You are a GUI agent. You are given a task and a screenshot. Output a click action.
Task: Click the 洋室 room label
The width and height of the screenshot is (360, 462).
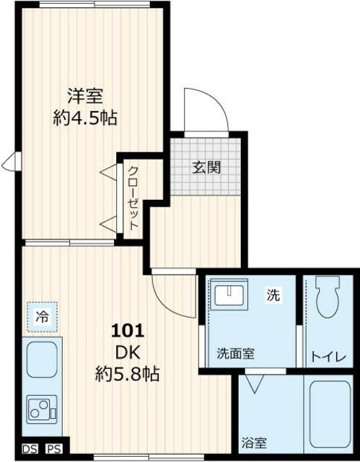[x=85, y=95]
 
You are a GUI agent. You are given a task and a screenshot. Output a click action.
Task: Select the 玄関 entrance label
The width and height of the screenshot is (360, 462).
[x=206, y=167]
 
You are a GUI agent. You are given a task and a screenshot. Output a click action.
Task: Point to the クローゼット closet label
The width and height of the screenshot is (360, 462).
[x=133, y=198]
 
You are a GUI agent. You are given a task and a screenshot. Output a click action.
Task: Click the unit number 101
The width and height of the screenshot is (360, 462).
[x=127, y=332]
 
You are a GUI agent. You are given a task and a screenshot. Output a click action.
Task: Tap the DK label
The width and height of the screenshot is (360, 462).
[x=127, y=353]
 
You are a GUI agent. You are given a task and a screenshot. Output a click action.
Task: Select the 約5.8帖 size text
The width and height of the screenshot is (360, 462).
[x=127, y=375]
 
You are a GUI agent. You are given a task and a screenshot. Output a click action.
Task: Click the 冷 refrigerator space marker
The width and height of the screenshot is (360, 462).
[x=43, y=315]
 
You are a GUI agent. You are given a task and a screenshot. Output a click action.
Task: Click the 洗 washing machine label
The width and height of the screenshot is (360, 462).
[x=274, y=295]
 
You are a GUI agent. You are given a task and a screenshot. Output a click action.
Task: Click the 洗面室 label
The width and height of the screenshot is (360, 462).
[x=236, y=354]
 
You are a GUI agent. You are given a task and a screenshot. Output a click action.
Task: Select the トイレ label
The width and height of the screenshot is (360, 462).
[x=329, y=356]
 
